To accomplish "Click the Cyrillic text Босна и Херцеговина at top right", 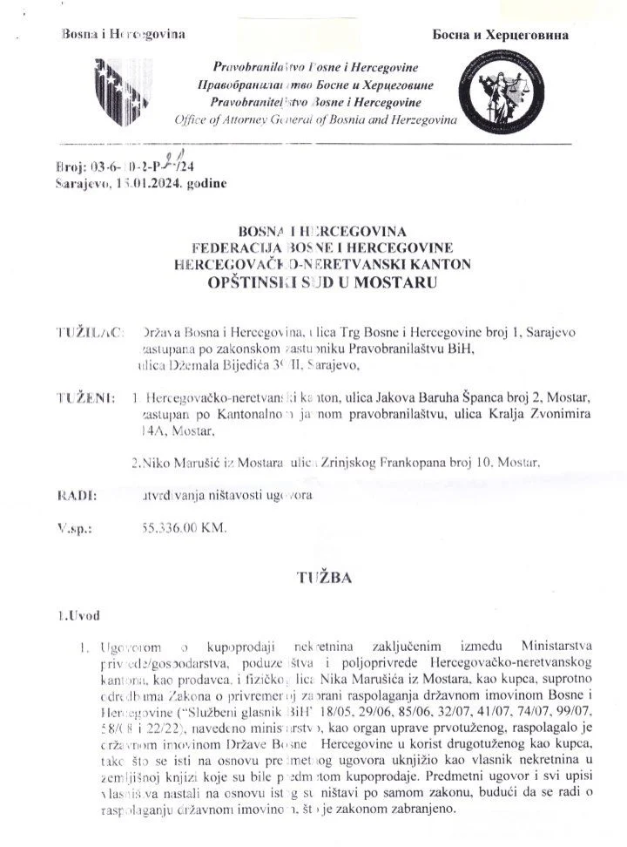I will [x=501, y=36].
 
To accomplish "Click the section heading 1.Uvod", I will [x=77, y=617].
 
